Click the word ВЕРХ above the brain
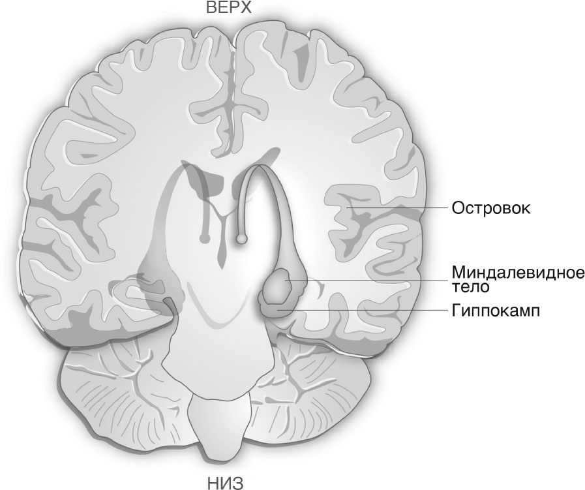229,7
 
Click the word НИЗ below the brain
226,483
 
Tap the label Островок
490,208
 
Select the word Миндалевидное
518,273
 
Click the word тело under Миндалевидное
470,286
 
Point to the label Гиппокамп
496,311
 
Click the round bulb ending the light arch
242,238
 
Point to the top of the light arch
257,166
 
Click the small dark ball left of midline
203,237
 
